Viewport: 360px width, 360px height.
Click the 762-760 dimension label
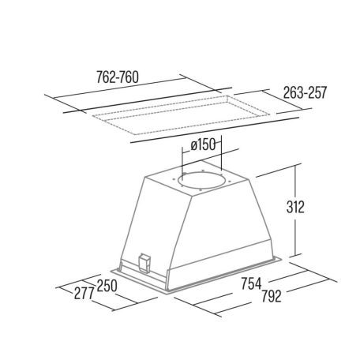point(118,77)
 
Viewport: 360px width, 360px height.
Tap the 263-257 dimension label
point(305,92)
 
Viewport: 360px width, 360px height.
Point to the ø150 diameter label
point(203,144)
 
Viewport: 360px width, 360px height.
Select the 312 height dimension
point(295,207)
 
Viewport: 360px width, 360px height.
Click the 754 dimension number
point(252,283)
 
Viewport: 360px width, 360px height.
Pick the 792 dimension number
point(272,296)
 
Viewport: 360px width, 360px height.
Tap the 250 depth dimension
point(107,286)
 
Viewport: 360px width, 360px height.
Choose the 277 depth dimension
point(84,293)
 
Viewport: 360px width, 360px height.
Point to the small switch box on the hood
point(144,262)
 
